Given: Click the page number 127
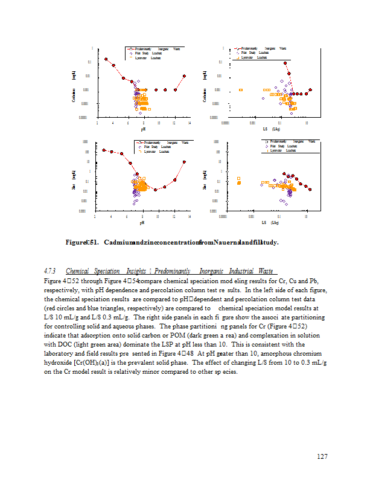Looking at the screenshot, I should pos(322,456).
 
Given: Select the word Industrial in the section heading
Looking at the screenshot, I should pos(238,272).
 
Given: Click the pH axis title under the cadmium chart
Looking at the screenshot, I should pos(143,129).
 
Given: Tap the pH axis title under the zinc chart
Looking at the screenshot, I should pos(142,223).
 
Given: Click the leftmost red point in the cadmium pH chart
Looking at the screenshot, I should pos(106,59).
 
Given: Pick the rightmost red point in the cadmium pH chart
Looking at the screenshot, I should pos(184,76).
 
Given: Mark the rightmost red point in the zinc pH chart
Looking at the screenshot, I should pos(184,162).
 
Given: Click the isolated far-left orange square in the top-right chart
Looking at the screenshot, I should pos(240,90).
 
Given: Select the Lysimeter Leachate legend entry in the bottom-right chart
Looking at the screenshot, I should pos(282,150).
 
